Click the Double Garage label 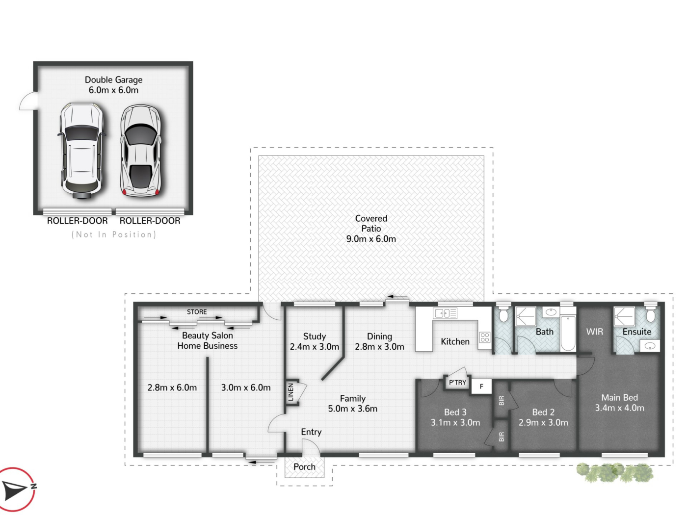(113, 80)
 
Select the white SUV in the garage (82, 151)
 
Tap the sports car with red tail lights (141, 151)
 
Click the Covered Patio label (371, 223)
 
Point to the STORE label (197, 312)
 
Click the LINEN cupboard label (291, 392)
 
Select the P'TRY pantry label (457, 383)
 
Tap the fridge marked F (481, 386)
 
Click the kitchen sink (445, 313)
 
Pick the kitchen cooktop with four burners (485, 337)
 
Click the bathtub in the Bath (568, 334)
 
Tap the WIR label (594, 332)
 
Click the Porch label (304, 467)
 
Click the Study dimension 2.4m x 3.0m (314, 346)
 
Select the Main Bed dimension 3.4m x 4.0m (619, 408)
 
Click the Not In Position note (114, 234)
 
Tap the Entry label (311, 432)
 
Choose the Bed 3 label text (455, 412)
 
